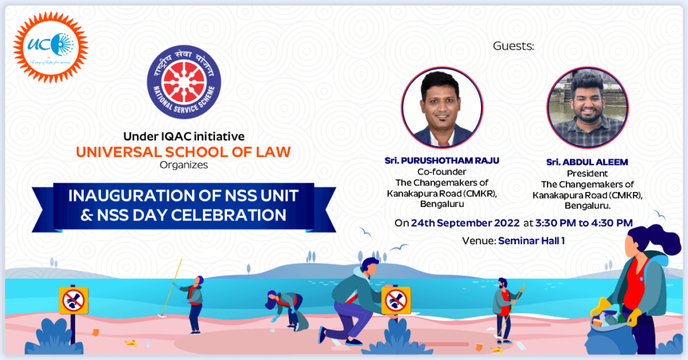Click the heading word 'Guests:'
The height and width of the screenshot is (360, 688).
[x=514, y=46]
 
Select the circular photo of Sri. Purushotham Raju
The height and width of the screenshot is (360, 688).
[x=442, y=107]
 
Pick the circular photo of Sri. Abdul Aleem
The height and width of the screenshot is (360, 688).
[x=587, y=107]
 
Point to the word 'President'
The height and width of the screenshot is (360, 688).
[x=587, y=173]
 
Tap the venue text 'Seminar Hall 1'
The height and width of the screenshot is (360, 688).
[x=531, y=240]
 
